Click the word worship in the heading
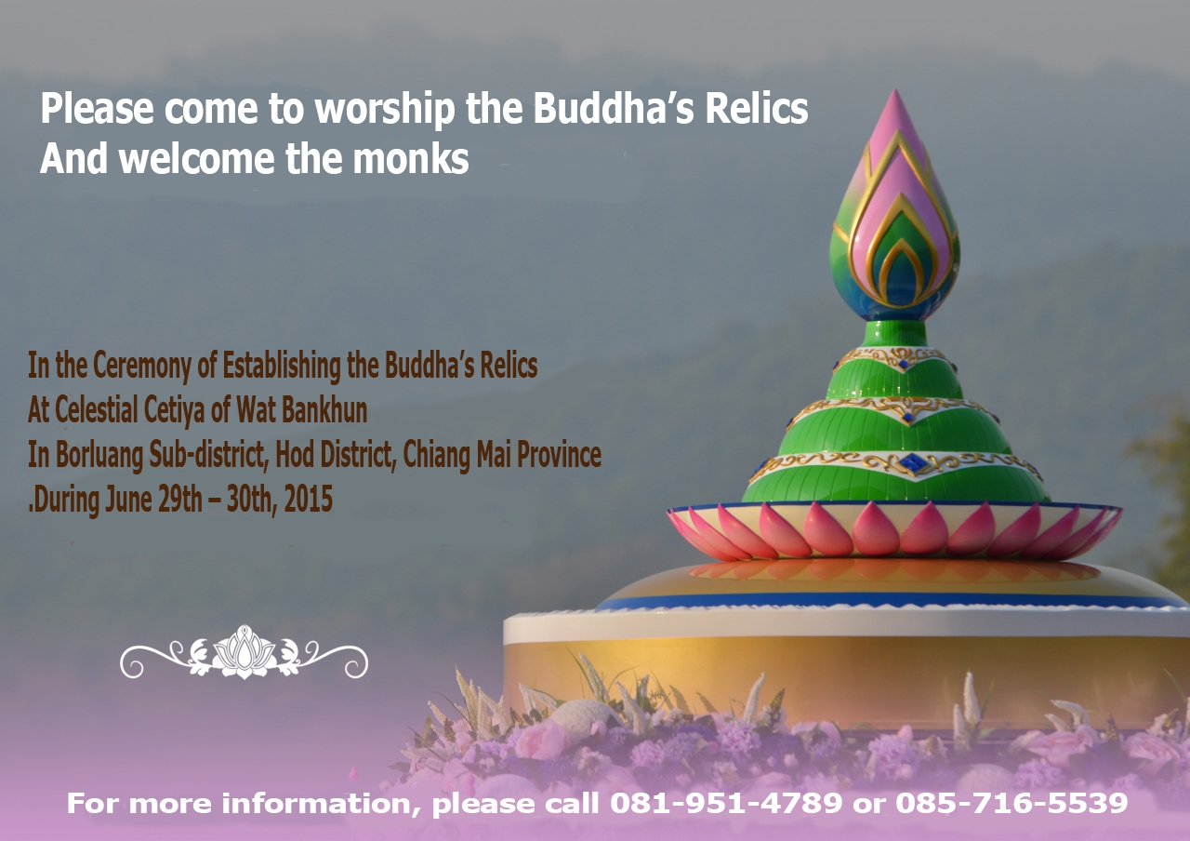(383, 111)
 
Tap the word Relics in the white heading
(756, 110)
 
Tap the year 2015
(309, 501)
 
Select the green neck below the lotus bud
(894, 333)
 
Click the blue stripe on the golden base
(892, 600)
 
